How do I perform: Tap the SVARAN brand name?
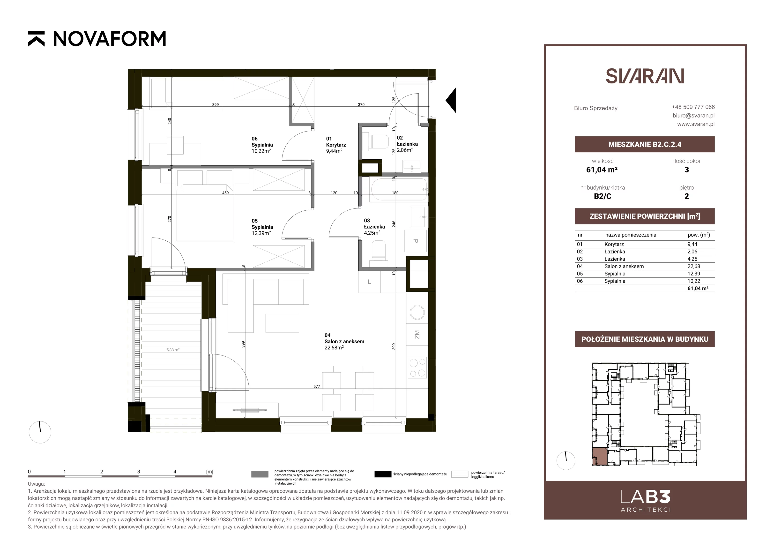coord(645,76)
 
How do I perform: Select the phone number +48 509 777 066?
coord(693,107)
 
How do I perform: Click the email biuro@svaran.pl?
coord(693,115)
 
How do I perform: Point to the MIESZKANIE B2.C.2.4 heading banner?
coord(645,144)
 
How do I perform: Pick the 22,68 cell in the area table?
coord(693,266)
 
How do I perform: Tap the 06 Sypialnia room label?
coord(262,145)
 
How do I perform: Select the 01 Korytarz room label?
coord(336,145)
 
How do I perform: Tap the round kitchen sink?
coord(417,312)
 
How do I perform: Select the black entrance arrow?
coord(451,100)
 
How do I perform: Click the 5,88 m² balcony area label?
coord(173,350)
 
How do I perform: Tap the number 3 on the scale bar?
coord(139,472)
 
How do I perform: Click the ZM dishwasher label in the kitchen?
coord(417,335)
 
